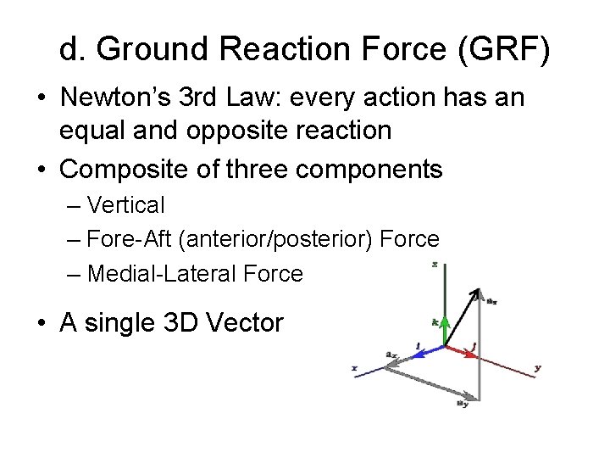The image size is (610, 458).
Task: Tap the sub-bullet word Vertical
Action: pyautogui.click(x=126, y=205)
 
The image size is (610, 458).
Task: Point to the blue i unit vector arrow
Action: pyautogui.click(x=429, y=347)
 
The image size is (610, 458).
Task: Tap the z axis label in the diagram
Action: pyautogui.click(x=434, y=265)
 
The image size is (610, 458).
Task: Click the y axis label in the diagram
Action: pyautogui.click(x=537, y=368)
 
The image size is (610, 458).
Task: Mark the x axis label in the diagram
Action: pyautogui.click(x=353, y=367)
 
